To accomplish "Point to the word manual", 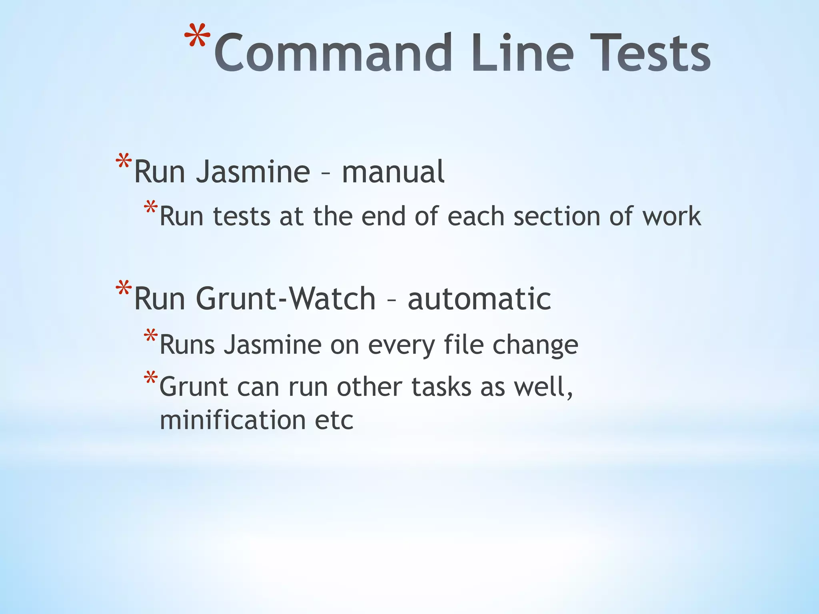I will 393,172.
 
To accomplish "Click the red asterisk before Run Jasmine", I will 124,162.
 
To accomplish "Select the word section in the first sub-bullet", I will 557,216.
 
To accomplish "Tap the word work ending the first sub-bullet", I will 671,216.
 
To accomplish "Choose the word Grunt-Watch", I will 286,299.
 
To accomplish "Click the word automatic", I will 479,299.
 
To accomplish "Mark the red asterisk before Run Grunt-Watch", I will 124,289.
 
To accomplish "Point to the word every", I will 401,345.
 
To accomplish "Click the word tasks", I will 441,387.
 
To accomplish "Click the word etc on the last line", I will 334,421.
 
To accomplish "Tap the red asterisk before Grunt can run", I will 151,378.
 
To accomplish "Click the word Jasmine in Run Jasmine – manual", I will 253,172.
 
